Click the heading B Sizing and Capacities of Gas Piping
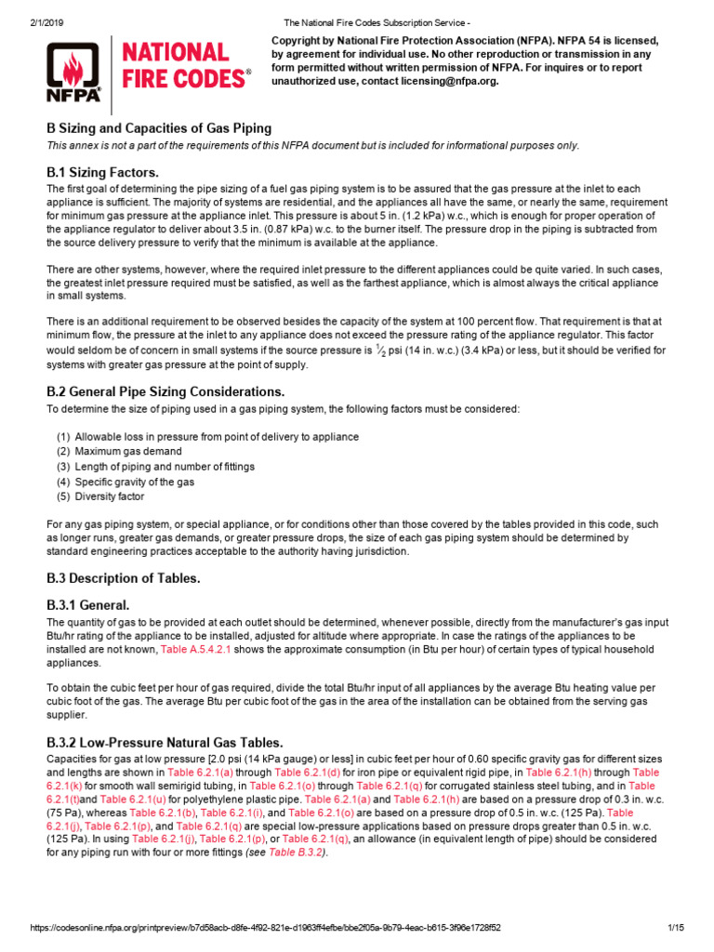point(159,128)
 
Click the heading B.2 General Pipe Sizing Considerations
point(165,391)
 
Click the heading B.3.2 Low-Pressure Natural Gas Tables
point(165,742)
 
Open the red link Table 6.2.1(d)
point(314,772)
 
